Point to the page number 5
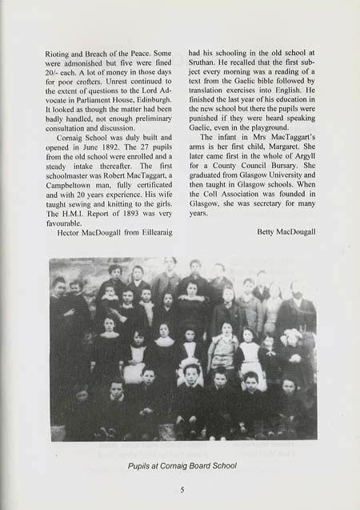click(x=182, y=490)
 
